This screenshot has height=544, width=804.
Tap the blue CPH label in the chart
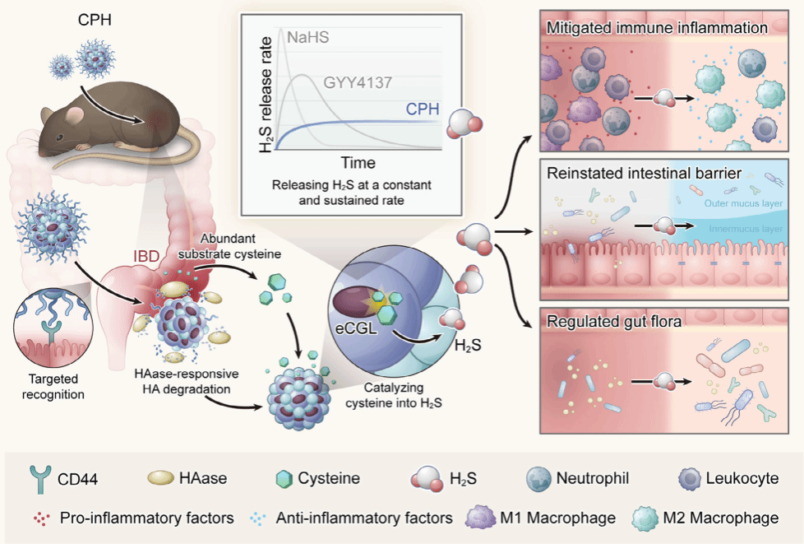click(x=422, y=110)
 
